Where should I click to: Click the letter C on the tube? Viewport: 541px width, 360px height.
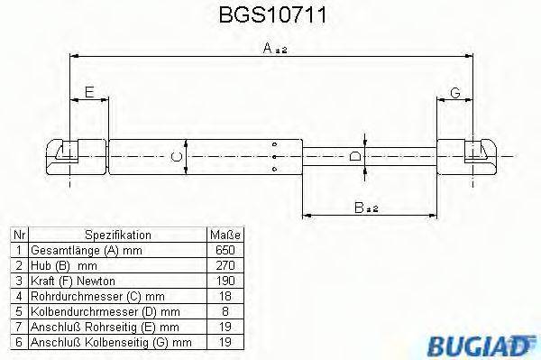click(x=178, y=158)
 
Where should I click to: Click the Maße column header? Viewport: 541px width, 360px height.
click(x=225, y=233)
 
